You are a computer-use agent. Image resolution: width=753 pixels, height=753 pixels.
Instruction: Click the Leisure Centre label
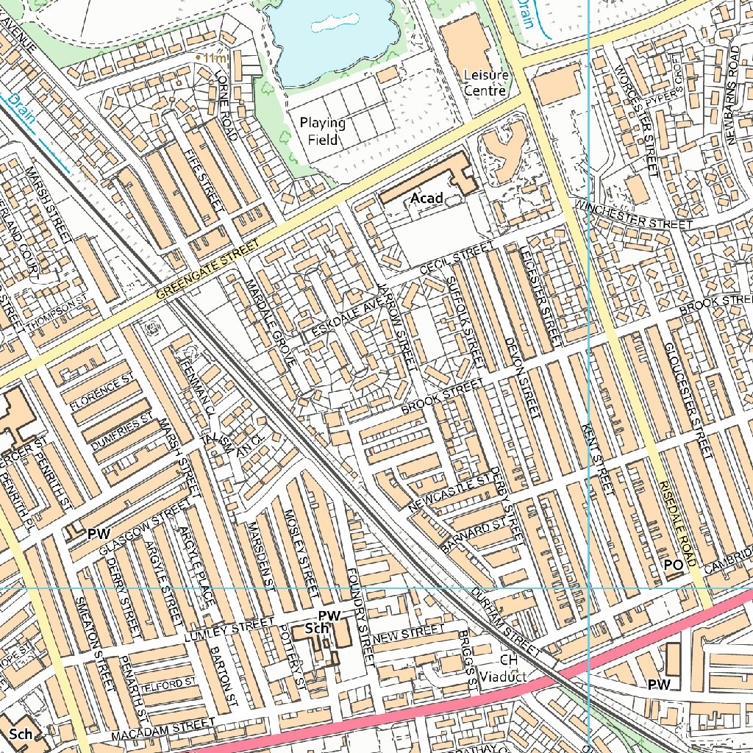(485, 83)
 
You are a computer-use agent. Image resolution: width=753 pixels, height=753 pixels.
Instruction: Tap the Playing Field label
(322, 131)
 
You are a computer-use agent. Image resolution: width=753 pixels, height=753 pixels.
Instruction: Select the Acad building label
(427, 198)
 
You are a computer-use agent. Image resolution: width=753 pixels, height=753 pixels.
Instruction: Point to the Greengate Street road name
(209, 270)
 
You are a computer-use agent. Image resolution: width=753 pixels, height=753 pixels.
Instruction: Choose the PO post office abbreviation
(673, 565)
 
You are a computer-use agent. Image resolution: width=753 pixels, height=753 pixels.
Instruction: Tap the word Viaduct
(503, 676)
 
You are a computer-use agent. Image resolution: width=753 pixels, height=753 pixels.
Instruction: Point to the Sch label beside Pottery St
(316, 629)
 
